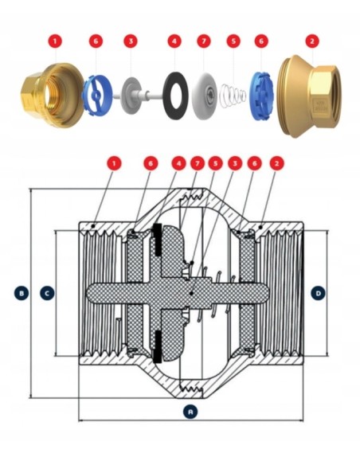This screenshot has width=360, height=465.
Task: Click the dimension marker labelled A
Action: coord(190,412)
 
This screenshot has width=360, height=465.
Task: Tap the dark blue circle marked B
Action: coord(21,293)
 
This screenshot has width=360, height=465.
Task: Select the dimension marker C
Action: coord(47,293)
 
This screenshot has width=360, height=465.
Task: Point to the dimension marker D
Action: coord(319,293)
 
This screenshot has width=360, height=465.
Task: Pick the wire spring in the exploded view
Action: coord(233,96)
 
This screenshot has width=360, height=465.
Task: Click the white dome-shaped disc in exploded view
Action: coord(205,94)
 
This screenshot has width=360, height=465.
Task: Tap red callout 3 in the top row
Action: coord(131,41)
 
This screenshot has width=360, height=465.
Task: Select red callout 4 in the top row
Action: coord(174,41)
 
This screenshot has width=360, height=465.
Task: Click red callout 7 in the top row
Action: coord(204,41)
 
